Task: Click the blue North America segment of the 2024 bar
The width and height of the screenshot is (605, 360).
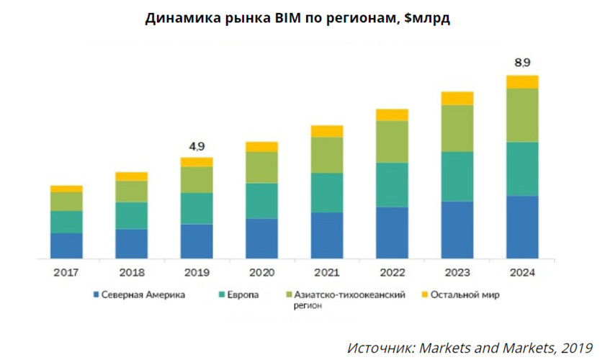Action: [522, 227]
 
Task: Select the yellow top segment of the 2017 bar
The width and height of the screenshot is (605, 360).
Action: [66, 189]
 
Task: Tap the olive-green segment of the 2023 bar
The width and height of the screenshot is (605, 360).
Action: [457, 128]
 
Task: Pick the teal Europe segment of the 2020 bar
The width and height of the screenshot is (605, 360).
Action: [261, 201]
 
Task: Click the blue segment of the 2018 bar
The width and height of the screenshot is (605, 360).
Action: [131, 243]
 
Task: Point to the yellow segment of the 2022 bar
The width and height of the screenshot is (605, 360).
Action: [392, 115]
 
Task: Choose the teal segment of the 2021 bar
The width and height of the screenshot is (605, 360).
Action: [327, 192]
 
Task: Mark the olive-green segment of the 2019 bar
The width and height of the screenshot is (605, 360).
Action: [197, 180]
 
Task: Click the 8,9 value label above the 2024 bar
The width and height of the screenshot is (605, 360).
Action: [522, 63]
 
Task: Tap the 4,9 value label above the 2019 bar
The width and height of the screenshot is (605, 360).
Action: [197, 146]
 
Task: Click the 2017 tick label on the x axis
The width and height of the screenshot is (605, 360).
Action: [66, 273]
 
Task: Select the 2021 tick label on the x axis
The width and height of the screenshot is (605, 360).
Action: [327, 273]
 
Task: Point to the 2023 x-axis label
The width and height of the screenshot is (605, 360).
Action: [457, 273]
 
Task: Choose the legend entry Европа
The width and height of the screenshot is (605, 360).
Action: [244, 295]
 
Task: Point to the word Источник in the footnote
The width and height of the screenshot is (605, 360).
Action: [377, 348]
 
